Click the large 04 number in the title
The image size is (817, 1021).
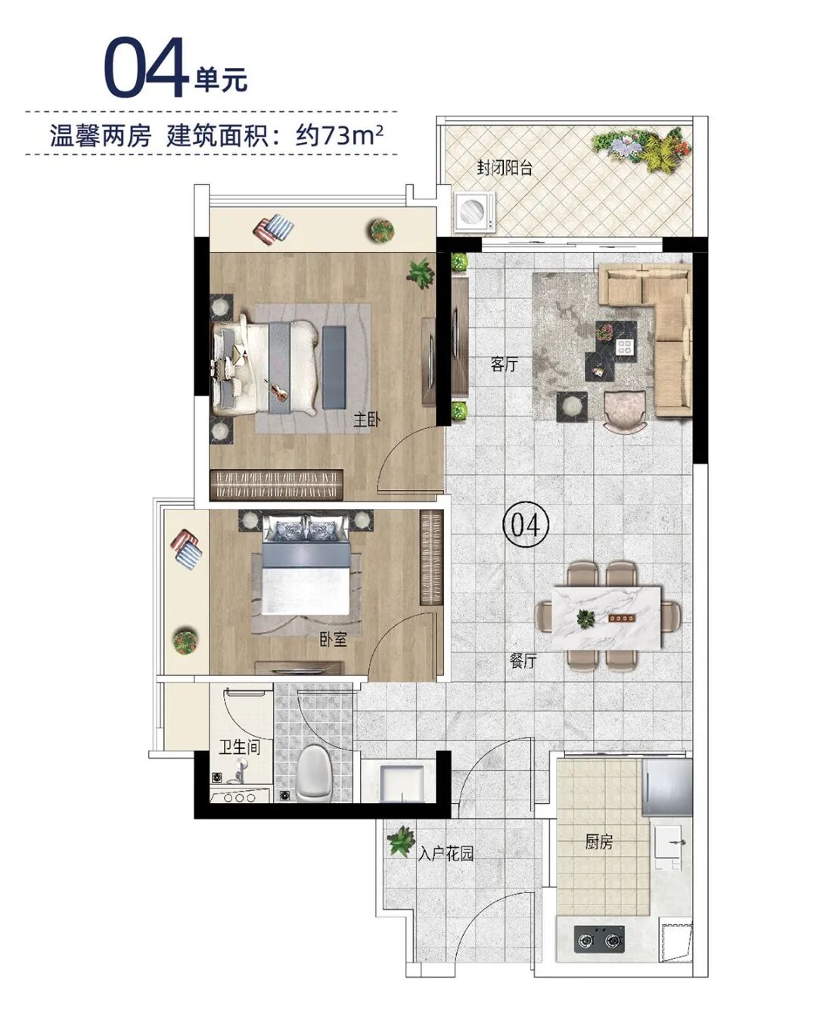pyautogui.click(x=145, y=67)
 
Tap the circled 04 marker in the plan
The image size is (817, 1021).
pyautogui.click(x=525, y=523)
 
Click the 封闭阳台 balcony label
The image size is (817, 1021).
pyautogui.click(x=505, y=167)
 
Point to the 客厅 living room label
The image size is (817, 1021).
pyautogui.click(x=504, y=365)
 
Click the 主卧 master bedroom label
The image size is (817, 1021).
pyautogui.click(x=366, y=419)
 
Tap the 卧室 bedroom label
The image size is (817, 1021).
pyautogui.click(x=333, y=639)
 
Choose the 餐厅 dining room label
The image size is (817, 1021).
pyautogui.click(x=523, y=660)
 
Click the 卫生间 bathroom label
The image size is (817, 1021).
pyautogui.click(x=239, y=747)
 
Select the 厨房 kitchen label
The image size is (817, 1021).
pyautogui.click(x=598, y=842)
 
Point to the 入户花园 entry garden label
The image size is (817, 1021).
pyautogui.click(x=446, y=855)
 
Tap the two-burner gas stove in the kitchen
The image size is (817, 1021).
pyautogui.click(x=601, y=940)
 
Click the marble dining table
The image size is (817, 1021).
pyautogui.click(x=607, y=617)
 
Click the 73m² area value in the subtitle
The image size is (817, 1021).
pyautogui.click(x=353, y=135)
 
